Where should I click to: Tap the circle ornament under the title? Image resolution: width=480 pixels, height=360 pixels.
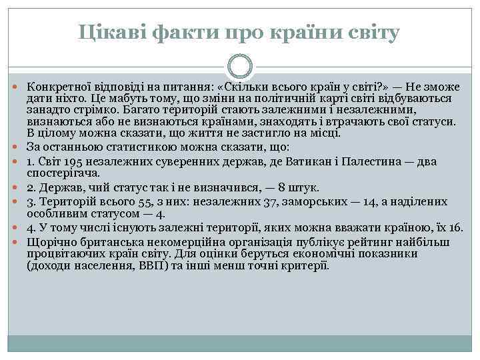(x=240, y=66)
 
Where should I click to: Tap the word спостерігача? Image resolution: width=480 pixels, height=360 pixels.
(x=63, y=173)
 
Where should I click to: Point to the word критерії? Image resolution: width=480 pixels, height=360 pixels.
(x=305, y=265)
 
